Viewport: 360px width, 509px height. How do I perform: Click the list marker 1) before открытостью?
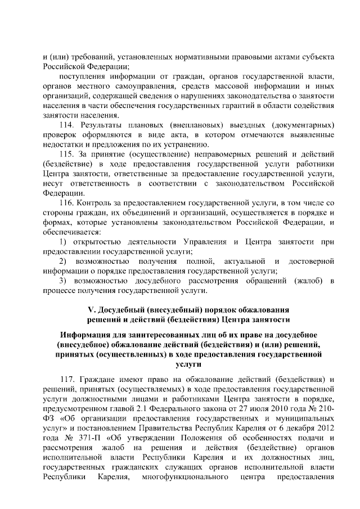point(64,241)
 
